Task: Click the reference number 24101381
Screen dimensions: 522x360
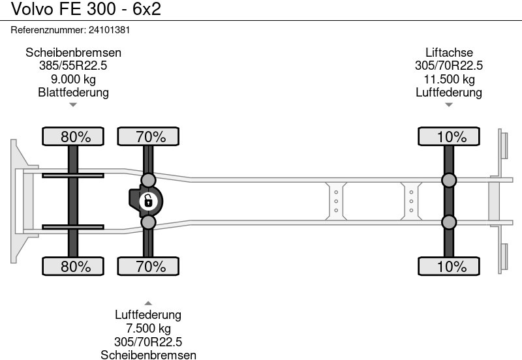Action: pyautogui.click(x=109, y=30)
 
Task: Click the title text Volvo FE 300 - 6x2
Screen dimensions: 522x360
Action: pyautogui.click(x=86, y=8)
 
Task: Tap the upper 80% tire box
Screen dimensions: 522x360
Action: pyautogui.click(x=73, y=136)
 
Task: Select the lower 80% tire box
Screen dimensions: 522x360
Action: pyautogui.click(x=73, y=266)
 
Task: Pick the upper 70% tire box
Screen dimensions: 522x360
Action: pyautogui.click(x=148, y=136)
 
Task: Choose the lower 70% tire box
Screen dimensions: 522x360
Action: pyautogui.click(x=148, y=266)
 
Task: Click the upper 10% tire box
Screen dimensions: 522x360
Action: pyautogui.click(x=449, y=136)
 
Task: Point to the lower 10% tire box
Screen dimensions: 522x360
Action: pyautogui.click(x=449, y=266)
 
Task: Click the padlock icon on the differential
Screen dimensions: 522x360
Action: pyautogui.click(x=148, y=202)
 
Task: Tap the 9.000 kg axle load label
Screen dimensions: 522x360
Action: pyautogui.click(x=73, y=79)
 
